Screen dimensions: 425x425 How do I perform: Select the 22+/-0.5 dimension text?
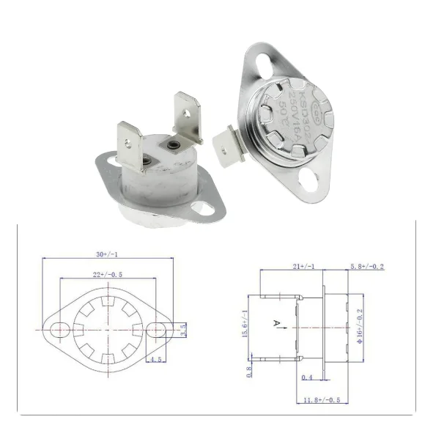click(x=108, y=275)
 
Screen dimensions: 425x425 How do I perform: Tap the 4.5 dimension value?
click(x=155, y=360)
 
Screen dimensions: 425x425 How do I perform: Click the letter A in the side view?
click(x=276, y=322)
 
